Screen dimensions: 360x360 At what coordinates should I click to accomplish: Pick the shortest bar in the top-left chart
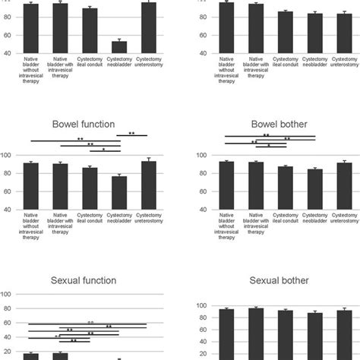click(118, 46)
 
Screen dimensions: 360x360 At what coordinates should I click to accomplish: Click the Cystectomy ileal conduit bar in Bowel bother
click(285, 188)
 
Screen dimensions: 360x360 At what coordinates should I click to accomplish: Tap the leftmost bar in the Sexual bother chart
click(226, 333)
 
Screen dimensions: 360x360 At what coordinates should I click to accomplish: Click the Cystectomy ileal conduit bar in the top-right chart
click(285, 31)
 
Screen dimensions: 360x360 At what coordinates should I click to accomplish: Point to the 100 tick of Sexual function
click(5, 295)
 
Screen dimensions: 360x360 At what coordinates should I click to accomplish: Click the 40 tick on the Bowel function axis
click(11, 210)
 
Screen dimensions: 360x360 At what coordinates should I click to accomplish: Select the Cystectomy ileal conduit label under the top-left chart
click(90, 63)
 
